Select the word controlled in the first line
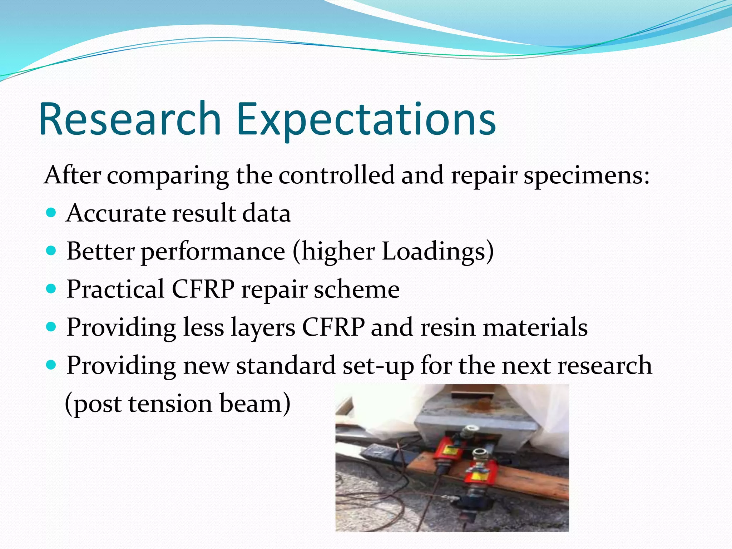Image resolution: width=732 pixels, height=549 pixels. click(336, 175)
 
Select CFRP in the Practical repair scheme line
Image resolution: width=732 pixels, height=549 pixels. click(203, 289)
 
